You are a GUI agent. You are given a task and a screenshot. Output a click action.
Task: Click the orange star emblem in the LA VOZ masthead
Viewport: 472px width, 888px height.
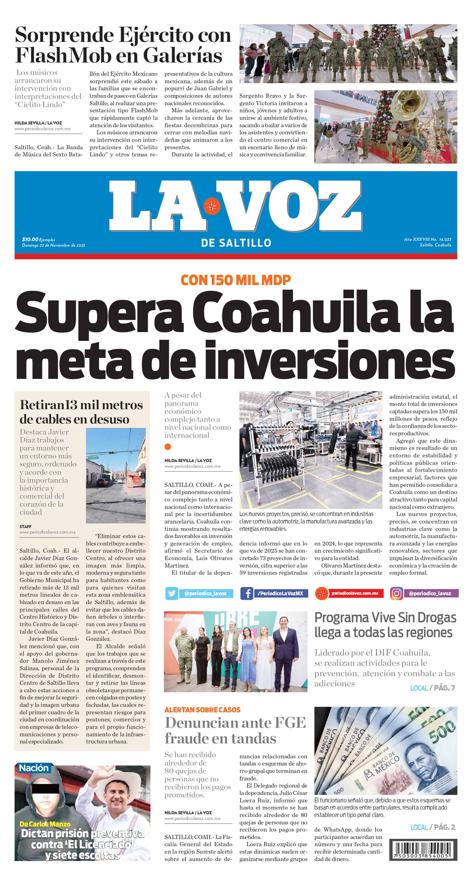point(212,206)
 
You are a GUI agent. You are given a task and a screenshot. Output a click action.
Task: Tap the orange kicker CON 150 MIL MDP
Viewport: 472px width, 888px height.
point(236,280)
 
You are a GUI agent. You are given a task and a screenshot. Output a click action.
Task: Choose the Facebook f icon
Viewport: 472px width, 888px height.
point(247,593)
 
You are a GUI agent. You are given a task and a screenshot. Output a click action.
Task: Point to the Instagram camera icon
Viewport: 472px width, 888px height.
point(397,593)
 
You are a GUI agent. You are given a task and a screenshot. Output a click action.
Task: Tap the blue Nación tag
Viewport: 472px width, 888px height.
point(33,768)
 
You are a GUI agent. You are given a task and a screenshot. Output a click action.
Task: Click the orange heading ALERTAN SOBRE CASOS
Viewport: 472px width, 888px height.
point(202,710)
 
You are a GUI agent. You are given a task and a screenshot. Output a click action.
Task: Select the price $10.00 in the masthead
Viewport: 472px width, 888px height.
point(30,239)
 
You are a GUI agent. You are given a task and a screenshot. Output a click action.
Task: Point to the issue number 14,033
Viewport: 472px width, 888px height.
point(445,239)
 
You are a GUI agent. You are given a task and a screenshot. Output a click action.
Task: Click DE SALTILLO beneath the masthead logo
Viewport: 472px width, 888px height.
point(236,243)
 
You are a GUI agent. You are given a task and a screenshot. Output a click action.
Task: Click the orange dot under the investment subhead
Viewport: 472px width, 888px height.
point(168,447)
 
